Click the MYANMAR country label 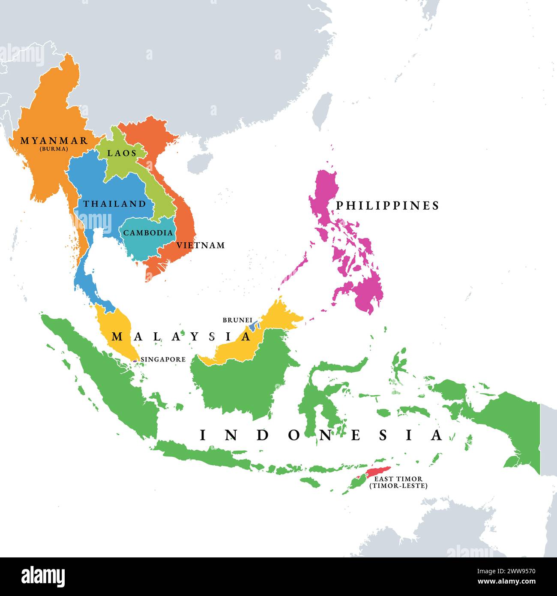coord(54,141)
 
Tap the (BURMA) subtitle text coord(54,149)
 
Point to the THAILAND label coord(115,204)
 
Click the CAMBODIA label coord(148,233)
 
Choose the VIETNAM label coord(201,245)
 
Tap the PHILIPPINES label coord(387,206)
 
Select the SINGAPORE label coord(163,359)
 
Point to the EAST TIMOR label coord(398,479)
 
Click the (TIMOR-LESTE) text coord(398,486)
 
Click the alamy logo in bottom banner coord(43,576)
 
